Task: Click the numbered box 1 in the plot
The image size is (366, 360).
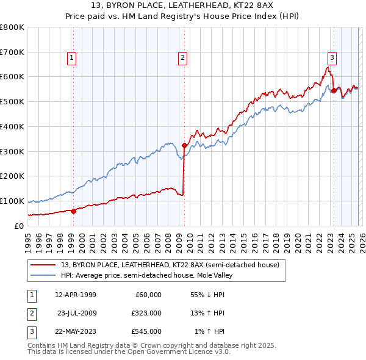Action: [x=72, y=58]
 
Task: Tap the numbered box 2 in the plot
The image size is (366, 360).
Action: [x=182, y=58]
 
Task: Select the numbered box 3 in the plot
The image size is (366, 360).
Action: [x=332, y=58]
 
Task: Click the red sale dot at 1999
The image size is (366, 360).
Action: [x=73, y=211]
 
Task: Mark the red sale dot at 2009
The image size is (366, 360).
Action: [x=184, y=146]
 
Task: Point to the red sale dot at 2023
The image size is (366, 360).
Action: [x=333, y=90]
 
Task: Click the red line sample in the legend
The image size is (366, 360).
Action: [x=44, y=265]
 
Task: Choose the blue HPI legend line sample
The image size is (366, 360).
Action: [x=44, y=275]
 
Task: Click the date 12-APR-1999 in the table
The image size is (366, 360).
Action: [x=75, y=295]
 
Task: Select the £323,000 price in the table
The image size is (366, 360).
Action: [x=147, y=313]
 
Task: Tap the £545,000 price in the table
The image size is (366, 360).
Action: [x=147, y=331]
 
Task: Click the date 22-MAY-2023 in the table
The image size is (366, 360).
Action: [x=75, y=331]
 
